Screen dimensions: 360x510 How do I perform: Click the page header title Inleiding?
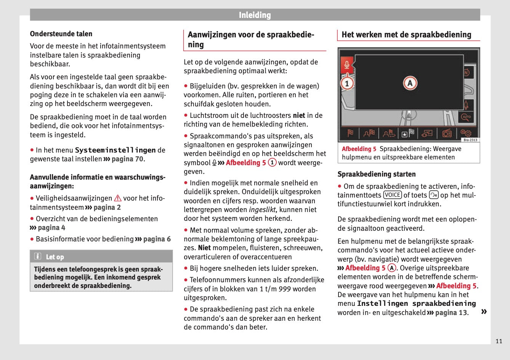point(255,15)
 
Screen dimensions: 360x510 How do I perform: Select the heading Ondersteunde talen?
point(61,34)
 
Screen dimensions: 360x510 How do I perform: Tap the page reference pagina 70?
point(127,159)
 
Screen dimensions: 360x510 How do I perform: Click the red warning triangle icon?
point(118,198)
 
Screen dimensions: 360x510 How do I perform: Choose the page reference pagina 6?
point(157,239)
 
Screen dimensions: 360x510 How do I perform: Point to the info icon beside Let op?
point(38,256)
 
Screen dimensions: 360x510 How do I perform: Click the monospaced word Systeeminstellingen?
point(115,150)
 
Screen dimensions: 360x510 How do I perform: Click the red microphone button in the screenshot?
point(346,64)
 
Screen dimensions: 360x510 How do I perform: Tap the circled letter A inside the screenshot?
point(410,83)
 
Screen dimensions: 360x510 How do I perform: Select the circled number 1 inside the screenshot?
point(346,83)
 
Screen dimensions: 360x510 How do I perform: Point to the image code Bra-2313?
point(470,140)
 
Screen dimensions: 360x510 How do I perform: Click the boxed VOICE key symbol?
point(392,195)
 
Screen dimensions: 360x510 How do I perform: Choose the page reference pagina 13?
point(451,313)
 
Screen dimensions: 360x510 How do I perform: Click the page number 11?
point(499,341)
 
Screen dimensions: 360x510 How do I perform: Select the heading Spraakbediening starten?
point(376,174)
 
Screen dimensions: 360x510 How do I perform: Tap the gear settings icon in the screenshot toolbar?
point(466,133)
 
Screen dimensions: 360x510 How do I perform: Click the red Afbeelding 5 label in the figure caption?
point(359,149)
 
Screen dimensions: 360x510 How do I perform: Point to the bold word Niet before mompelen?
point(204,248)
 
